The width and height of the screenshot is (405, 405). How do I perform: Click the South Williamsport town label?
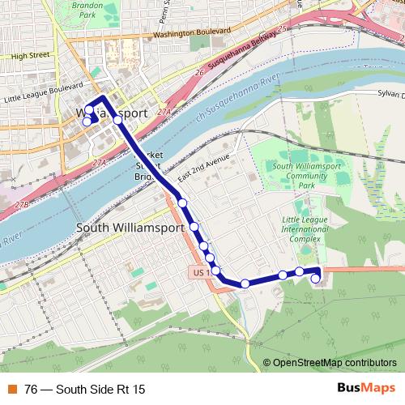(x=130, y=228)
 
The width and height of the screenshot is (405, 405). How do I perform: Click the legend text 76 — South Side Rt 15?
(x=91, y=389)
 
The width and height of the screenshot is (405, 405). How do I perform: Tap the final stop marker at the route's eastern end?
(x=315, y=279)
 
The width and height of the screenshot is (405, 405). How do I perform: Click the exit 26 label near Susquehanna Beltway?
(x=199, y=73)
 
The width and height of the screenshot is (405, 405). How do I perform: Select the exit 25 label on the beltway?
(x=282, y=30)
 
